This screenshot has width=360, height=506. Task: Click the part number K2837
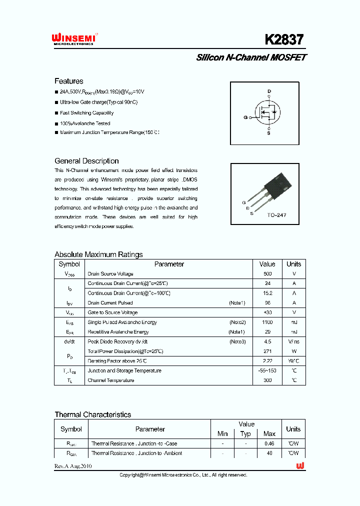point(283,39)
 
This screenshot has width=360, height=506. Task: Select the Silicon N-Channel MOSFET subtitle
point(251,57)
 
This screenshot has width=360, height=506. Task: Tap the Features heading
point(69,81)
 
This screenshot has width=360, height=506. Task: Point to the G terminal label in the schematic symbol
point(245,117)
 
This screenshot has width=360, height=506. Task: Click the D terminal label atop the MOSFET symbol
point(269,91)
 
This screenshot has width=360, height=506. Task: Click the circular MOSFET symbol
point(267,112)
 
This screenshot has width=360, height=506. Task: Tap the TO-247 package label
point(276,215)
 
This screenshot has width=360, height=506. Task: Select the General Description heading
point(86,161)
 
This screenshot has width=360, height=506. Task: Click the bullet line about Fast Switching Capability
point(86,113)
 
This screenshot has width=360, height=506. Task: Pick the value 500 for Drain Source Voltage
point(267,274)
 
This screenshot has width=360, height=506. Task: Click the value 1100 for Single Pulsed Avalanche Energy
point(267,322)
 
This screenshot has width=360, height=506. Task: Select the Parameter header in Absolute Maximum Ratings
point(169,264)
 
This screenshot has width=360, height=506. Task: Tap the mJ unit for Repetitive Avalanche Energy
point(293,332)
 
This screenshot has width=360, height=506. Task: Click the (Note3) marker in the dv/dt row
point(237,342)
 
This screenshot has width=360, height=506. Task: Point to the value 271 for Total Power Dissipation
point(267,351)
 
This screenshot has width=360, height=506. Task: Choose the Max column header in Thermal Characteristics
point(269,433)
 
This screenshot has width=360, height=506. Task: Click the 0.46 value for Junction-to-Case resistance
point(269,443)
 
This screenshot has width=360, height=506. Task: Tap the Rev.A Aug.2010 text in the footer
point(73,466)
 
